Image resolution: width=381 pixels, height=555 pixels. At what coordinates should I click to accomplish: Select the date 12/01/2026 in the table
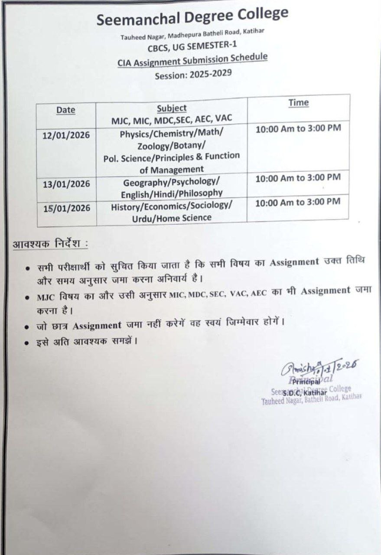tap(66, 135)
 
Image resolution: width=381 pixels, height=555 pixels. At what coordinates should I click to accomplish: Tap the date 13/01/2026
tap(66, 184)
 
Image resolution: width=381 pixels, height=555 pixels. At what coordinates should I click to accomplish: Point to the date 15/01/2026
tap(67, 208)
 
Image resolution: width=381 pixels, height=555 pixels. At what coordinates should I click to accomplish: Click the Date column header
tap(65, 110)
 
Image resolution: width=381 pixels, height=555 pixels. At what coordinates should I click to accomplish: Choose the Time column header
tap(298, 103)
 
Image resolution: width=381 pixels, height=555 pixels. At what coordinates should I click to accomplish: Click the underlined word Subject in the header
tap(172, 108)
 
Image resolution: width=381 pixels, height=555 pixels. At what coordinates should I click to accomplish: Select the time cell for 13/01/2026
tap(298, 177)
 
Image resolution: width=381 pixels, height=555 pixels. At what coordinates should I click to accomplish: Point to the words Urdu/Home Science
tap(172, 217)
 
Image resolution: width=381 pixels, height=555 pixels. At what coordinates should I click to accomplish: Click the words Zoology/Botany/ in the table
tap(172, 145)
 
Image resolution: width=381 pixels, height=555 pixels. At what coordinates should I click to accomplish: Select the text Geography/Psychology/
tap(172, 181)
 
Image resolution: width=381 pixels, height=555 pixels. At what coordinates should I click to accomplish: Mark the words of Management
tap(172, 169)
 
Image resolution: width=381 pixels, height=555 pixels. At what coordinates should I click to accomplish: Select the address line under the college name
tap(193, 34)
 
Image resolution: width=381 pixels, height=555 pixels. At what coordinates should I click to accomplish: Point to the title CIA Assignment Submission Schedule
tap(192, 60)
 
